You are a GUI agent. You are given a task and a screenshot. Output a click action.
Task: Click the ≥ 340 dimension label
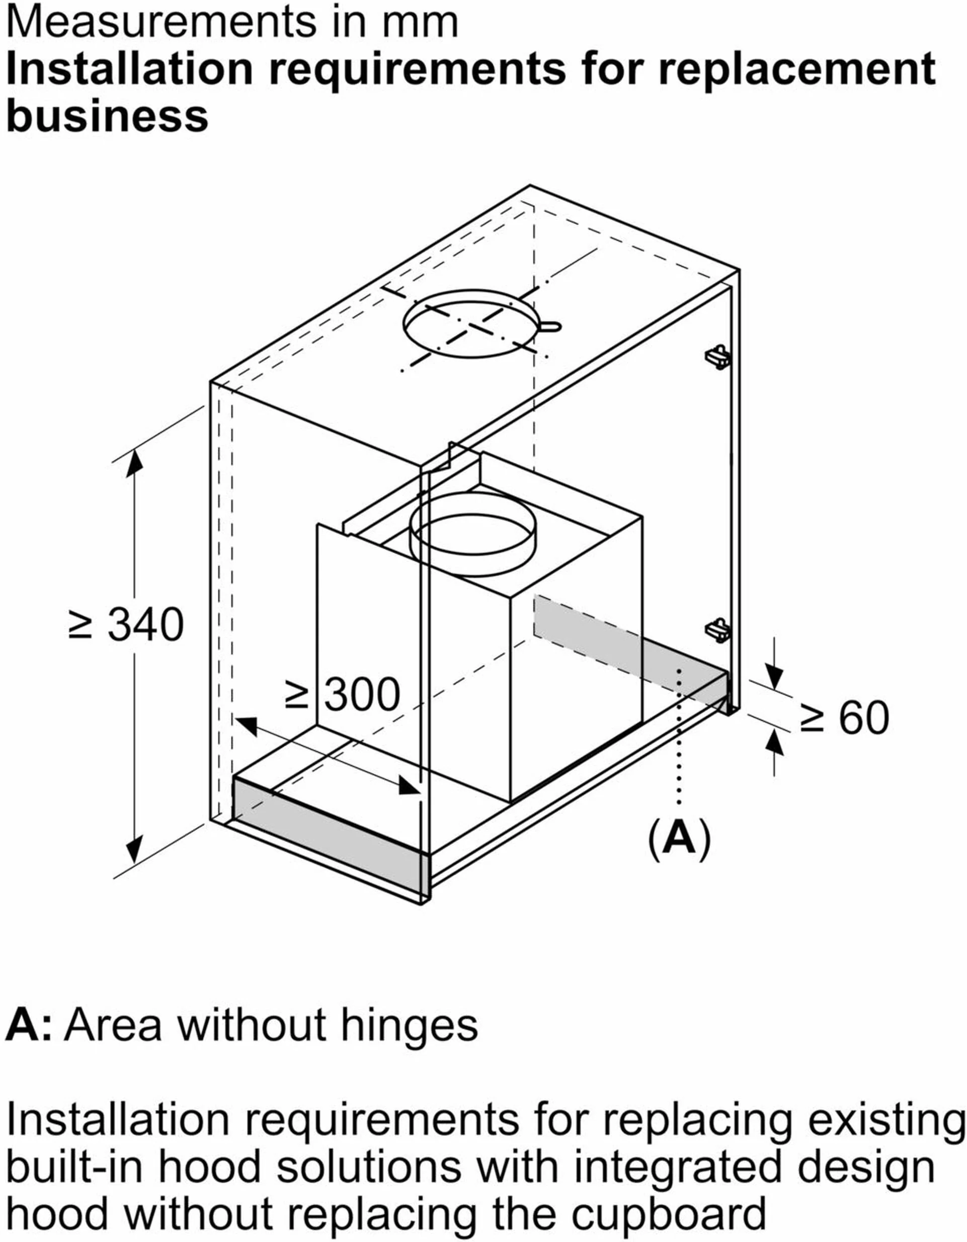pyautogui.click(x=126, y=624)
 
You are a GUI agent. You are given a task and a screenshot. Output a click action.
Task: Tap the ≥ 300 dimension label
pyautogui.click(x=343, y=694)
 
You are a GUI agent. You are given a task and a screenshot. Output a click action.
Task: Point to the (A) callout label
pyautogui.click(x=679, y=837)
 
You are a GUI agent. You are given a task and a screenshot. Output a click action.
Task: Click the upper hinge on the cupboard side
pyautogui.click(x=718, y=357)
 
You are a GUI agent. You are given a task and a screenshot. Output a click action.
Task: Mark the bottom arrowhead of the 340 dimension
pyautogui.click(x=134, y=850)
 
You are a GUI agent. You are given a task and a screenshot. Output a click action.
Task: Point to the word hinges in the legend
pyautogui.click(x=410, y=1025)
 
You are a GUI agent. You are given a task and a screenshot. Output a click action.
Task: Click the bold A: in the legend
pyautogui.click(x=29, y=1024)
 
